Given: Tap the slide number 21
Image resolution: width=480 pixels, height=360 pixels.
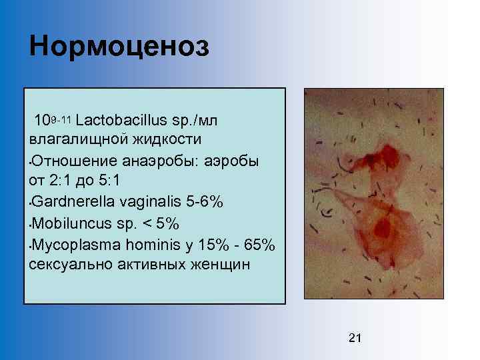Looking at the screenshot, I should click(x=355, y=338).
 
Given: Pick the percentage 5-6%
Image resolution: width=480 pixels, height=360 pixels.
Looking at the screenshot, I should click(x=204, y=201).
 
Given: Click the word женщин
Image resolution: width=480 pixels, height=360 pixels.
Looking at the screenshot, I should click(x=218, y=264).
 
